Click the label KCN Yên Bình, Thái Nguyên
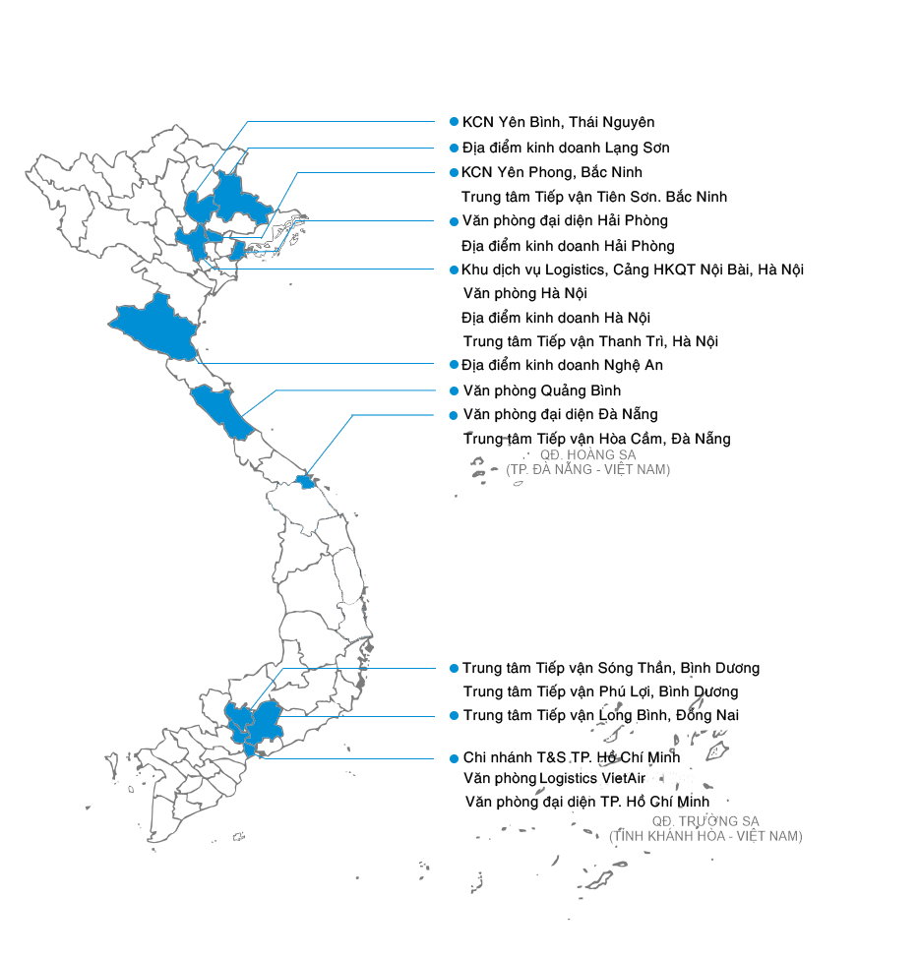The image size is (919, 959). pos(558,123)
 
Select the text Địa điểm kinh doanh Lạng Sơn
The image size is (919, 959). pos(566,149)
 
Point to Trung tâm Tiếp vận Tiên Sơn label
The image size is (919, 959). pos(594,197)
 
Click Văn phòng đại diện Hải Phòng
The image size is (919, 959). pos(565,221)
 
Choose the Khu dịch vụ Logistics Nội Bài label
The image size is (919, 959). pos(632,270)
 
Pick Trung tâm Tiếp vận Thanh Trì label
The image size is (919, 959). pos(590,341)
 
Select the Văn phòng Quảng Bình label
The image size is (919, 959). pos(541,390)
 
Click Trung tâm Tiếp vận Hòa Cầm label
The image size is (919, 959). pos(596,439)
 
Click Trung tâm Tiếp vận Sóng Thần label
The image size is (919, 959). pos(611,669)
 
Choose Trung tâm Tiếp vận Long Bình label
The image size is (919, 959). pos(601,716)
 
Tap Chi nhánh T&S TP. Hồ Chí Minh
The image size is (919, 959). pos(571,758)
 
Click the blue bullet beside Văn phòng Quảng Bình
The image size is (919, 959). pos(454,390)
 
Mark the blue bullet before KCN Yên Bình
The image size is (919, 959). pos(454,122)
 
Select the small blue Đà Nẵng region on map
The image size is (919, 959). pos(306,482)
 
